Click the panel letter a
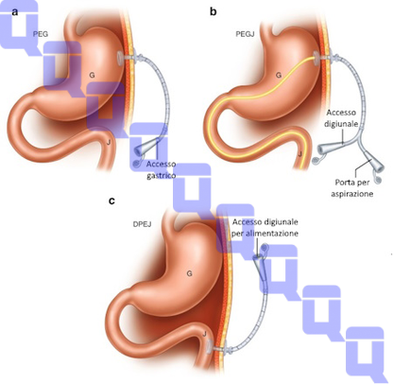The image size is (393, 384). point(14,12)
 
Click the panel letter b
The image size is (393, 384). point(214,11)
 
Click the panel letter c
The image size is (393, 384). point(111,201)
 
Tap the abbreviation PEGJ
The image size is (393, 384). point(245,33)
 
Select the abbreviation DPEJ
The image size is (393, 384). point(142,224)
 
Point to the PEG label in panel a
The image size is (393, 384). point(41,34)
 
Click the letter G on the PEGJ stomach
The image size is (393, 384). point(279,75)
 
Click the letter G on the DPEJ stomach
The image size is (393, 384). point(189,273)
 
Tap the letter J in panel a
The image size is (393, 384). point(109,142)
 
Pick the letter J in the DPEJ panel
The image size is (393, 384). point(204,334)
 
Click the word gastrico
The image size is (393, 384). point(162,175)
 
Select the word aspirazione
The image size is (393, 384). point(351,194)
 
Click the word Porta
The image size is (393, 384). point(345,183)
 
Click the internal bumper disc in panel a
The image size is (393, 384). point(121,58)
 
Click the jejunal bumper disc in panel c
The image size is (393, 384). point(209,349)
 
